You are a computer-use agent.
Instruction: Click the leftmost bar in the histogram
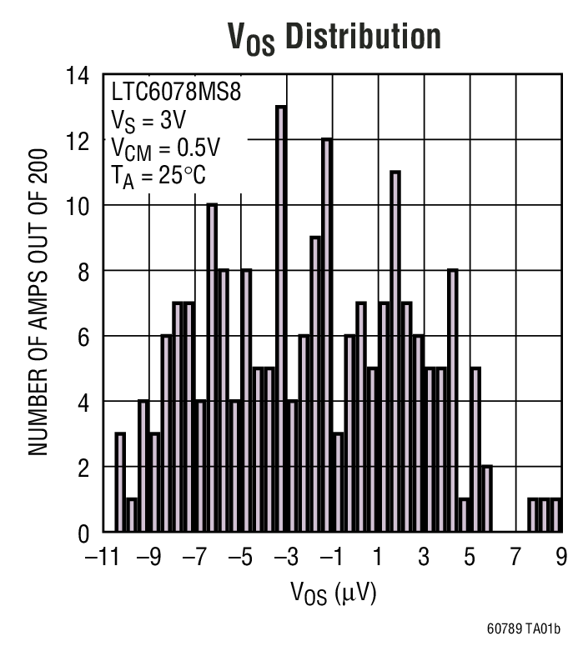pos(120,483)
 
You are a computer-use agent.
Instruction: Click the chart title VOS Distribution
pos(334,38)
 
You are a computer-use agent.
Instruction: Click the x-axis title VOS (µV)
pos(333,593)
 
